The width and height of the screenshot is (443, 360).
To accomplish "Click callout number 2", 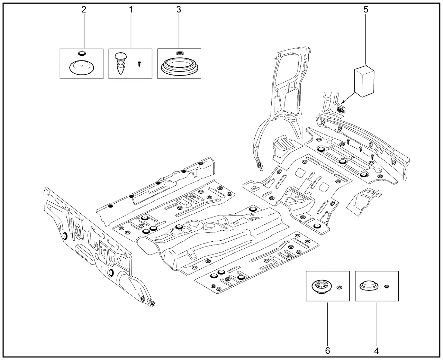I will coord(83,9).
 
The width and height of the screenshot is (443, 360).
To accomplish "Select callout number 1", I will coord(131,9).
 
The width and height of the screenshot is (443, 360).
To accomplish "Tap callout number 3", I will coord(179,9).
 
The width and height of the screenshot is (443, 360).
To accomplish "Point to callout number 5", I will coord(366,9).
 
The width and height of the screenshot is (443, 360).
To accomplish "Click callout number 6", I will coord(327,350).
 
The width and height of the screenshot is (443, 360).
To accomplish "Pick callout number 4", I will coord(377,350).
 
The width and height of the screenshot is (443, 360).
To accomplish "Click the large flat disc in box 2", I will coord(81,67).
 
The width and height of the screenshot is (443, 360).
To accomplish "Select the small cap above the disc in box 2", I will coord(82,53).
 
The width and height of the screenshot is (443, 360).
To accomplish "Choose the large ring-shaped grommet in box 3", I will coord(179,65).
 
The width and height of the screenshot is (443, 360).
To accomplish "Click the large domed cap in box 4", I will coord(369,286).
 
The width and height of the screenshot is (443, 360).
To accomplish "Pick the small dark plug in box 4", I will coord(387,286).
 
